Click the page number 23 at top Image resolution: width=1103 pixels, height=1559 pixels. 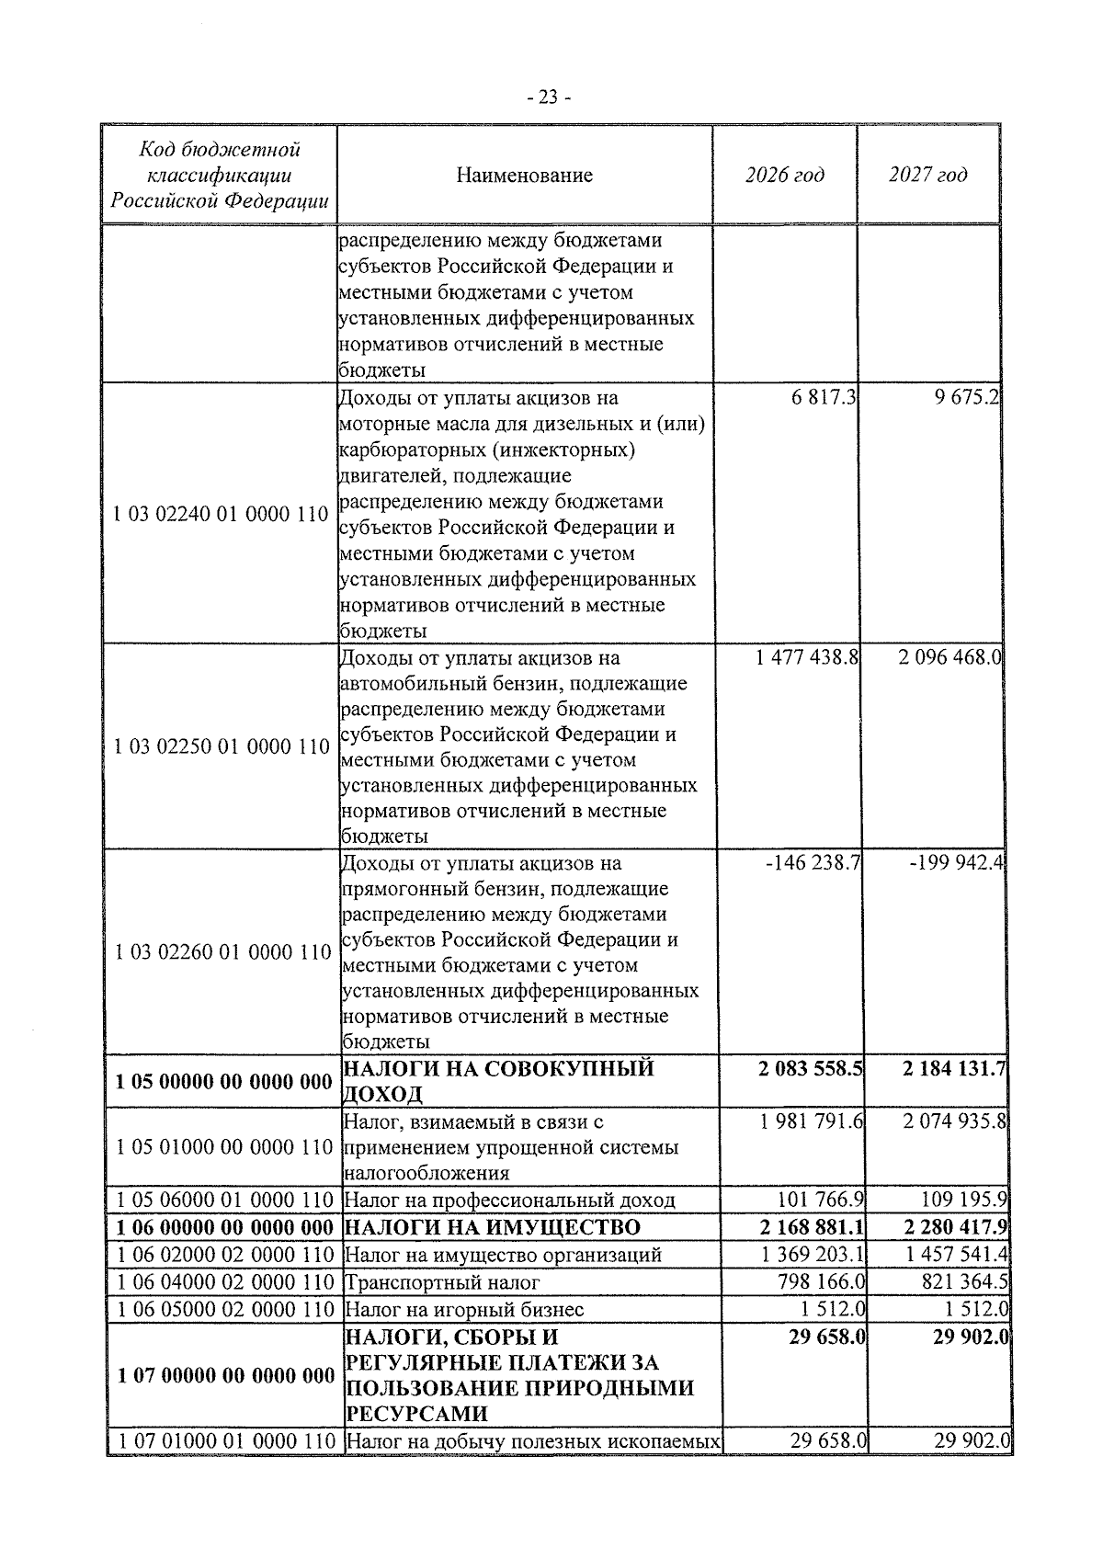(549, 97)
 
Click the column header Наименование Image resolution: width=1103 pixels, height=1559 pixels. (524, 175)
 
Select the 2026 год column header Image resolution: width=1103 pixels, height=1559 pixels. (784, 175)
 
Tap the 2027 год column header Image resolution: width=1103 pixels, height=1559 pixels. (928, 175)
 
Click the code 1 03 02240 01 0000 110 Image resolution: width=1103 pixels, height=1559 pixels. (221, 515)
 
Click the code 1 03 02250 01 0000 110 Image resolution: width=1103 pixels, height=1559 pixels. (221, 746)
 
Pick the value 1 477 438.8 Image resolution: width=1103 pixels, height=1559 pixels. (806, 657)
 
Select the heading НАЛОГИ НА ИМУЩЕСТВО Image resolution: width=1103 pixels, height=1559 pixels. (491, 1228)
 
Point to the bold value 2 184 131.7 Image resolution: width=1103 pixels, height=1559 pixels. (954, 1068)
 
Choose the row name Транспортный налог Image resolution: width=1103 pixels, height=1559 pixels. (441, 1282)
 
